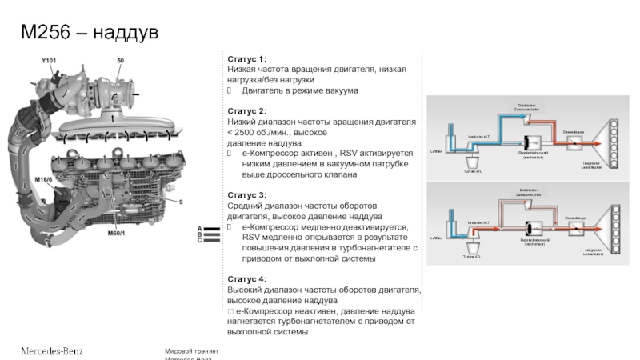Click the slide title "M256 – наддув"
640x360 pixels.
[89, 33]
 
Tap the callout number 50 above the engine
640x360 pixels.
[121, 61]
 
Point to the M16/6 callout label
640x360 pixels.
[43, 179]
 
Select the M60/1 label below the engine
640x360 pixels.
[118, 234]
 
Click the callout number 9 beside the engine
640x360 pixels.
[181, 202]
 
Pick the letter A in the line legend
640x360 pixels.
[198, 229]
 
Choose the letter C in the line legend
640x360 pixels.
[198, 240]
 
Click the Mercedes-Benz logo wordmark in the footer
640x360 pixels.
[51, 350]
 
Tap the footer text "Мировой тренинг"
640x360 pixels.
[191, 351]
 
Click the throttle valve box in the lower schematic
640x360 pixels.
[576, 228]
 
